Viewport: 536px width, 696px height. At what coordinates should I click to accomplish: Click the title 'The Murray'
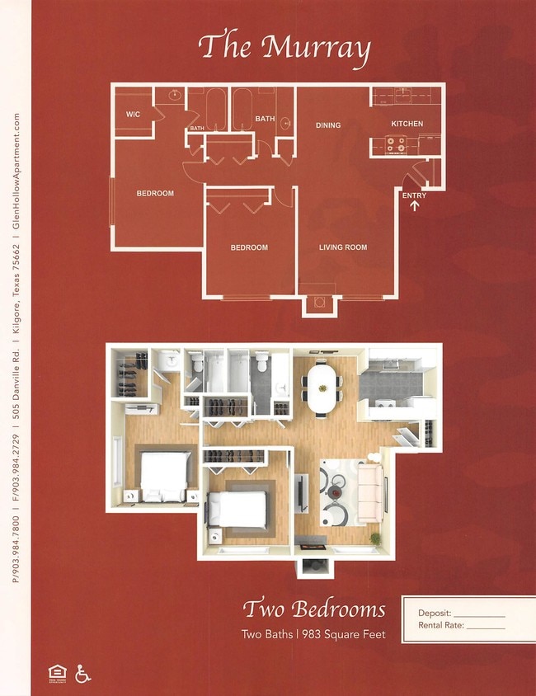point(284,47)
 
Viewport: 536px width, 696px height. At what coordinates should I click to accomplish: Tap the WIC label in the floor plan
point(133,115)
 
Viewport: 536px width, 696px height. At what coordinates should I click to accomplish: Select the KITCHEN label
point(407,124)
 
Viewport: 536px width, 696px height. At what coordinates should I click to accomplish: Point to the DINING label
point(328,125)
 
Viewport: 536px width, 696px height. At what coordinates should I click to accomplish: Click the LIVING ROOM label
point(343,247)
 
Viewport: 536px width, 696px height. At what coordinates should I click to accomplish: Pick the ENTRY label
point(414,195)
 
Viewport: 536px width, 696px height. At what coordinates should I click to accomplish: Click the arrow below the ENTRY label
point(414,206)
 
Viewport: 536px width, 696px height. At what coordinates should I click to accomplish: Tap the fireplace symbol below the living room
point(319,303)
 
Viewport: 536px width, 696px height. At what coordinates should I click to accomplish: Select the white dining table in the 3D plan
point(322,388)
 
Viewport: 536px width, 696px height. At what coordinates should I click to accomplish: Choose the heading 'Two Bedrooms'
point(313,610)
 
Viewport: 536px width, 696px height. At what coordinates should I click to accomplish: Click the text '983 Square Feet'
point(346,634)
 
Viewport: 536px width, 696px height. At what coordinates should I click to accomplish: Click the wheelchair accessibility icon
point(82,673)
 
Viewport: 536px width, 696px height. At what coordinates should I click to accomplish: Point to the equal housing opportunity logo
point(57,674)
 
